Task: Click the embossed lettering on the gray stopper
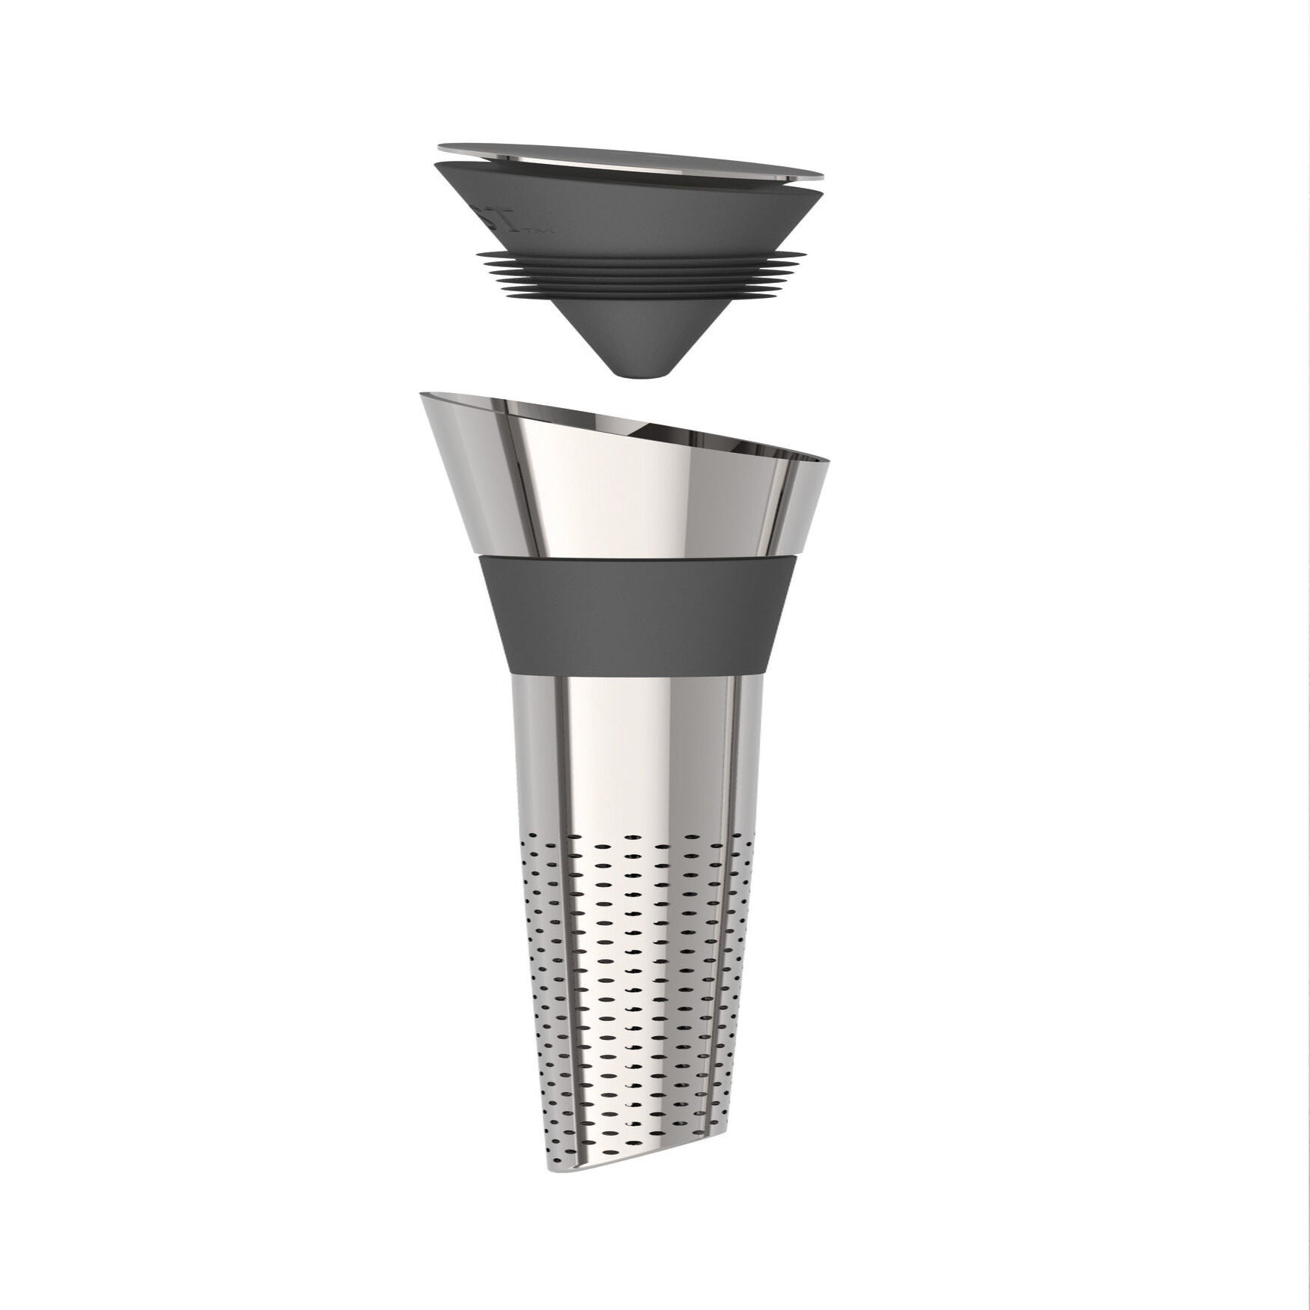pos(532,224)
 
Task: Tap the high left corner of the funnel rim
pos(422,394)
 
